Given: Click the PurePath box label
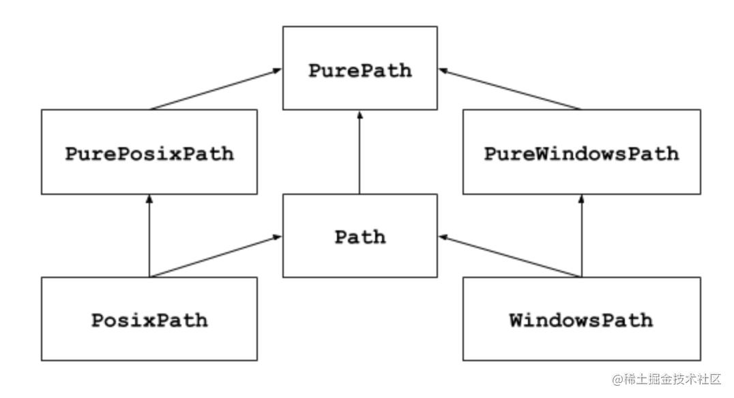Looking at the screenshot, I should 360,70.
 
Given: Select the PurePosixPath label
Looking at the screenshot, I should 149,153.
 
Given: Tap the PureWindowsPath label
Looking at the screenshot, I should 581,153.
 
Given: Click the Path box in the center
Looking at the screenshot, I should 360,236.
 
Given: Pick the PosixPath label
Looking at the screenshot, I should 149,320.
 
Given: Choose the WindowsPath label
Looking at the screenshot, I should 581,320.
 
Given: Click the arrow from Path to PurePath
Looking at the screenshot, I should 360,153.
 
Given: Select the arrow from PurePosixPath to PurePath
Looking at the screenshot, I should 215,89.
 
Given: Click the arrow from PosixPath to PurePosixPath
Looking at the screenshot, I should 149,236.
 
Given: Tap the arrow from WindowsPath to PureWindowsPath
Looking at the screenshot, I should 581,236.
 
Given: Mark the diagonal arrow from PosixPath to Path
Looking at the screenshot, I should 215,257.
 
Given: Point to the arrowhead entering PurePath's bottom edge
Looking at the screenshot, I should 360,115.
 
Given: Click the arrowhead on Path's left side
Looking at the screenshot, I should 278,237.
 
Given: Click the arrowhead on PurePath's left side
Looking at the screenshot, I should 278,70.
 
